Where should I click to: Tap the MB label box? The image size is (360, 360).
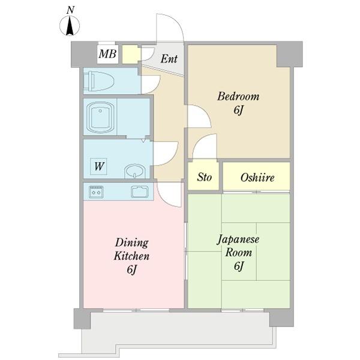pyautogui.click(x=107, y=54)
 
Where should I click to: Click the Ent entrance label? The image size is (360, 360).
pyautogui.click(x=169, y=59)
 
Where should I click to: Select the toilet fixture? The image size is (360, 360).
pyautogui.click(x=99, y=81)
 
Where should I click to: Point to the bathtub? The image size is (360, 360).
pyautogui.click(x=101, y=118)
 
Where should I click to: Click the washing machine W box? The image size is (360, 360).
pyautogui.click(x=98, y=166)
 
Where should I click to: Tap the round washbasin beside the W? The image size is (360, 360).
pyautogui.click(x=135, y=171)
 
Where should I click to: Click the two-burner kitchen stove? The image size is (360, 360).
pyautogui.click(x=96, y=192)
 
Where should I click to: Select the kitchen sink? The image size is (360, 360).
pyautogui.click(x=140, y=192)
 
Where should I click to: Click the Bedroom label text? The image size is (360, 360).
pyautogui.click(x=238, y=96)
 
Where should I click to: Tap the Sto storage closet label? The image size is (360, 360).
pyautogui.click(x=205, y=177)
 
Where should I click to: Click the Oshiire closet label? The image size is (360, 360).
pyautogui.click(x=257, y=178)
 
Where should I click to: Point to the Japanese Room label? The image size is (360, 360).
pyautogui.click(x=238, y=246)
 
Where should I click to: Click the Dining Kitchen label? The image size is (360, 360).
pyautogui.click(x=132, y=249)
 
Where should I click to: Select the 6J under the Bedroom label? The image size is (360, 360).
pyautogui.click(x=238, y=110)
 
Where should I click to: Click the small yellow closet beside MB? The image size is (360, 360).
pyautogui.click(x=131, y=55)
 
